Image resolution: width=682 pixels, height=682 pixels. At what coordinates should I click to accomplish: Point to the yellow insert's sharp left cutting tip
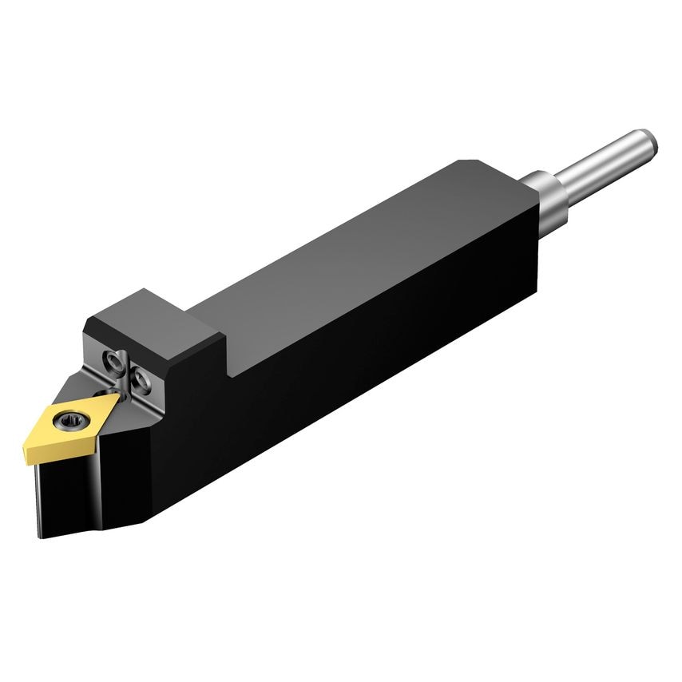coord(26,437)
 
